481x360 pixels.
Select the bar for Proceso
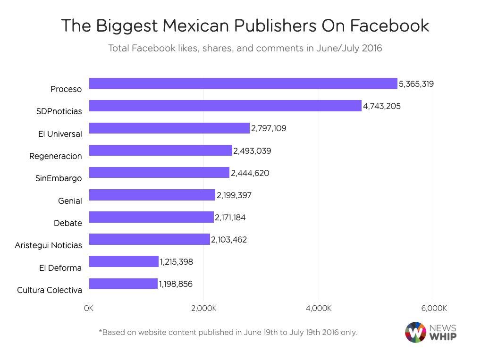click(x=243, y=84)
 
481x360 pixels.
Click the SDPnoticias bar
click(x=225, y=106)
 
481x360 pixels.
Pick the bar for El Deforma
click(x=124, y=261)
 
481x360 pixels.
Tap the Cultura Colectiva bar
click(x=123, y=284)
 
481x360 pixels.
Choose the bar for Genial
click(x=152, y=195)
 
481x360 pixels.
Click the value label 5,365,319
click(x=416, y=84)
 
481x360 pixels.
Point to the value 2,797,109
click(x=269, y=128)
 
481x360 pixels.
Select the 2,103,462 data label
click(x=229, y=240)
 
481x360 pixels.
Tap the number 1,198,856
click(x=176, y=284)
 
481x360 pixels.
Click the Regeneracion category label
click(x=55, y=156)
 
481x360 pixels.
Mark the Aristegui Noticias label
click(x=48, y=245)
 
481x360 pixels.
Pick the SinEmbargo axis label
click(x=59, y=178)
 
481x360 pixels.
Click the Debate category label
click(x=68, y=223)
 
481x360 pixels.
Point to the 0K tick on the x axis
click(x=89, y=309)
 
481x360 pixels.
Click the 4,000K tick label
click(x=319, y=309)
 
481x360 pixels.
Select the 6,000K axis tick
click(x=433, y=309)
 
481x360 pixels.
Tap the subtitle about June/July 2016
click(x=245, y=48)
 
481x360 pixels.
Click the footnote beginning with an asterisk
click(x=228, y=332)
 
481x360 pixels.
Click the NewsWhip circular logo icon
click(x=415, y=332)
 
